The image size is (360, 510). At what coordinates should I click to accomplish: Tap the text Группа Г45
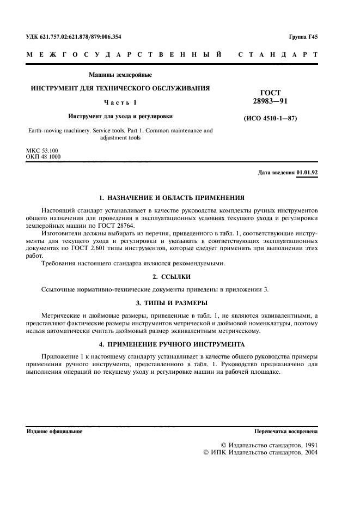(303, 37)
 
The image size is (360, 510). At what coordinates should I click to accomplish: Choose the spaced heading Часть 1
(120, 102)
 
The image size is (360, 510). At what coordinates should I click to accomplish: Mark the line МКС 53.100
(42, 150)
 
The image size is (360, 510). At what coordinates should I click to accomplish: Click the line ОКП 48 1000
(44, 156)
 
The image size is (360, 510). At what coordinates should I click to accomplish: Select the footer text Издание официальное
(54, 431)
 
